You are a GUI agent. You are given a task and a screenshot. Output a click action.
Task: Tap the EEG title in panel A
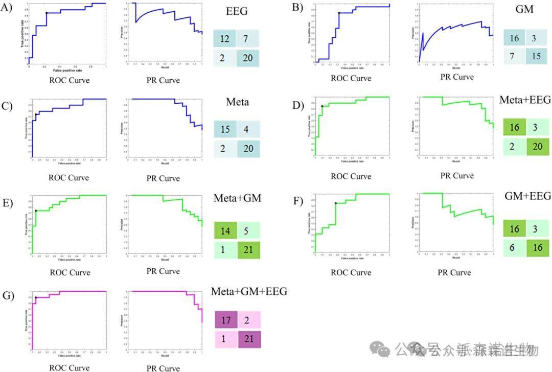click(x=237, y=12)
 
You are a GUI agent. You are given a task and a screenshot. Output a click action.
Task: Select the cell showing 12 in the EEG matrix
click(x=225, y=39)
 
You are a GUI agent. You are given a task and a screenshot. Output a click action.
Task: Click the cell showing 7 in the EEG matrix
click(x=248, y=39)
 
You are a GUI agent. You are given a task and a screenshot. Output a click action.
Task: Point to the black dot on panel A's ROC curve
click(x=47, y=13)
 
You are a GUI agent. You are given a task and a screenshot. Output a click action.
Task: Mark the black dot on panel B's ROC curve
click(x=339, y=13)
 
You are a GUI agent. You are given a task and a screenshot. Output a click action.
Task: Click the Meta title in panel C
click(x=237, y=102)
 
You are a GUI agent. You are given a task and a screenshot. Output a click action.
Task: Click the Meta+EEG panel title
click(x=524, y=100)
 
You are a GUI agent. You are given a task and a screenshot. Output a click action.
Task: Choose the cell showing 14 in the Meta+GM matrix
click(x=225, y=231)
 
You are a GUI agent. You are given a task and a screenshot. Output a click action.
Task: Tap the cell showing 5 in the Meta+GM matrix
click(x=248, y=231)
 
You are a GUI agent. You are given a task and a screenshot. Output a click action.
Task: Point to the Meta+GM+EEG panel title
click(x=249, y=291)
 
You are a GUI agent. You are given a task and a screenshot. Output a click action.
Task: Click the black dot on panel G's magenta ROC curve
click(x=36, y=297)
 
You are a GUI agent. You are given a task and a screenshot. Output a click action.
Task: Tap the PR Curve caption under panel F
click(x=454, y=272)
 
